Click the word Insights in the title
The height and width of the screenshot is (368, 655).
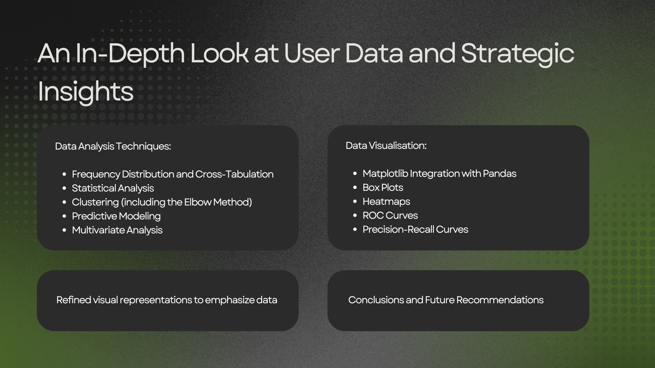[x=86, y=91]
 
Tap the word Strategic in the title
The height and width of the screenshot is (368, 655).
[x=518, y=54]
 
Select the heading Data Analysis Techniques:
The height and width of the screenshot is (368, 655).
[x=113, y=146]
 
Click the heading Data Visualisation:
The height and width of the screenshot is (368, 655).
[x=386, y=145]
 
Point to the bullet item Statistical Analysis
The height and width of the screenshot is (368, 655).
[x=113, y=188]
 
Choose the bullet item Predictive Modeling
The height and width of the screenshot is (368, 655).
[x=116, y=216]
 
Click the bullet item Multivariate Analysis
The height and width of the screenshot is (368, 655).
[x=117, y=230]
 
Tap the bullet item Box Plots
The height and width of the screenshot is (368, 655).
[x=383, y=187]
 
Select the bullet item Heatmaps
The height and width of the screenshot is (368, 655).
[x=386, y=201]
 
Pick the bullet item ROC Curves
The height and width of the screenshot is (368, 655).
[x=390, y=215]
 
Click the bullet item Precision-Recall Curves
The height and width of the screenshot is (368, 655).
[x=415, y=229]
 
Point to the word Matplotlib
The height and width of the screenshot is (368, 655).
[x=385, y=173]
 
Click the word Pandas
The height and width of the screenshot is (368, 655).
[x=499, y=173]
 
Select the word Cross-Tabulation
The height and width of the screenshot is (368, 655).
[x=234, y=174]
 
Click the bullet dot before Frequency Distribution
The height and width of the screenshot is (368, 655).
[x=64, y=174]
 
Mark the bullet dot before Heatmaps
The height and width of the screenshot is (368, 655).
[x=355, y=202]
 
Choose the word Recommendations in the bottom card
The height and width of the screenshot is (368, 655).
[x=500, y=300]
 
